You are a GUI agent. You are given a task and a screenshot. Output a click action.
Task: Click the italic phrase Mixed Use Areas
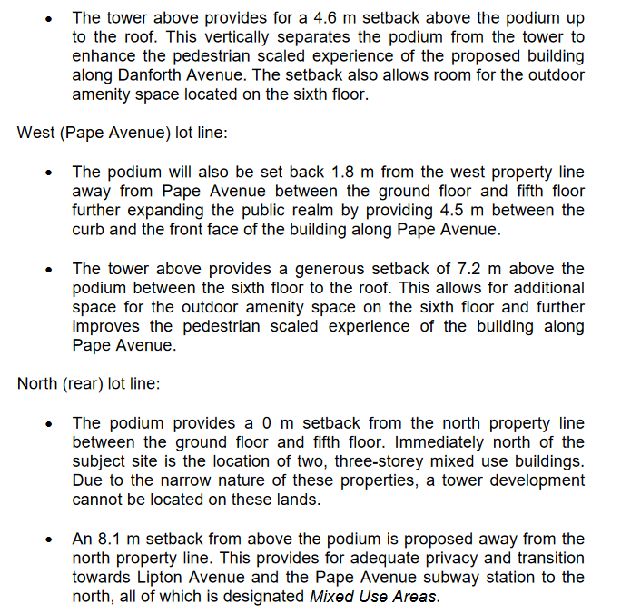pos(373,597)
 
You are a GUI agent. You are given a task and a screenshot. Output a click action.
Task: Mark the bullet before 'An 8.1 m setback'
pos(51,540)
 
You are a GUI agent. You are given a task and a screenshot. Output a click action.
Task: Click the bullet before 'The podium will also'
pos(51,173)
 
